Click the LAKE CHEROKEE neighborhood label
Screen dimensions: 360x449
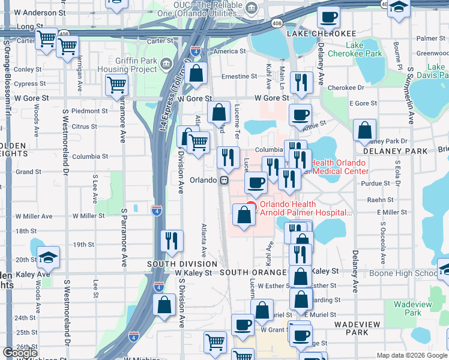tap(321, 33)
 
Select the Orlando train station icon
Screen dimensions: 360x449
tap(224, 180)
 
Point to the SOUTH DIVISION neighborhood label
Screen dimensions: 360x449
tap(182, 264)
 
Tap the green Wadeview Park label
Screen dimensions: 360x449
tap(412, 308)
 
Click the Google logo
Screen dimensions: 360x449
tap(20, 353)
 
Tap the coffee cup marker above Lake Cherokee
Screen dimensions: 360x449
tap(328, 18)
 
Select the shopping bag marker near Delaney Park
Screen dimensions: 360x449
tap(364, 131)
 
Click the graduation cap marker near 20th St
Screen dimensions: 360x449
tap(48, 257)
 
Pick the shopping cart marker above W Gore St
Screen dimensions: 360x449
tap(116, 84)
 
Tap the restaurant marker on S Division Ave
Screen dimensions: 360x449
tap(172, 241)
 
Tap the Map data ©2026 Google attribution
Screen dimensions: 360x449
tap(412, 355)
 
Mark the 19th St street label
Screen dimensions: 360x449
tap(83, 245)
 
